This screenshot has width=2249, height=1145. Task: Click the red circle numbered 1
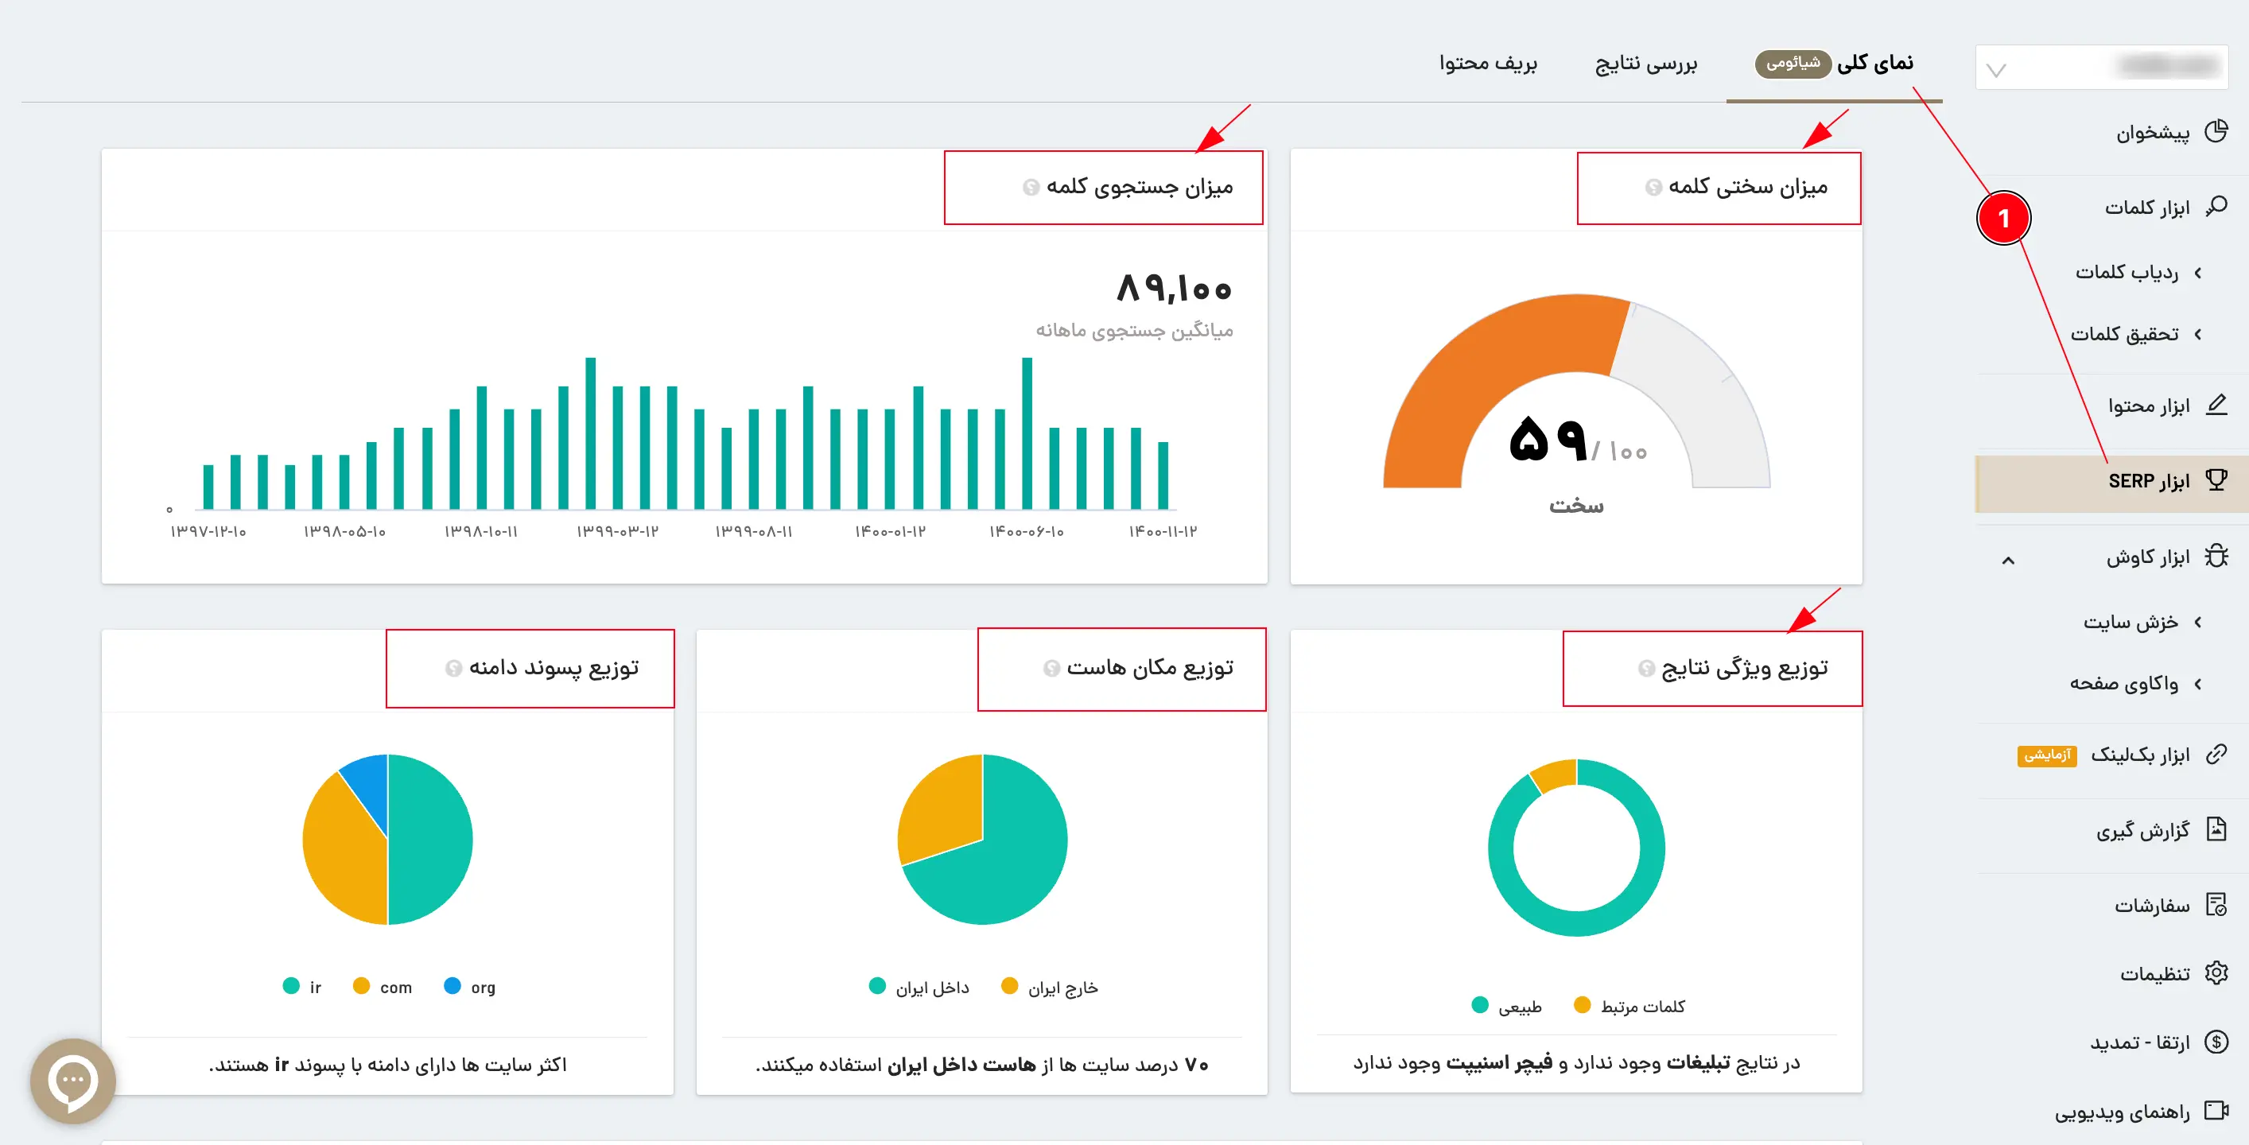(2004, 218)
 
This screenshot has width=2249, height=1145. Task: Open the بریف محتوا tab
(1488, 63)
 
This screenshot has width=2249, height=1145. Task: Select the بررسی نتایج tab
(1645, 64)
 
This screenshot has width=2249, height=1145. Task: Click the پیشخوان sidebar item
(2152, 133)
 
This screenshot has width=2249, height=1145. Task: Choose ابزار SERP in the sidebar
(2149, 481)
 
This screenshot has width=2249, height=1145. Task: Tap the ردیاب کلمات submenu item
(2127, 272)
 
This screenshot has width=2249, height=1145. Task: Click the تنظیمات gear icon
(2216, 972)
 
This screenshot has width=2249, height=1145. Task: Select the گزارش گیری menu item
(2142, 830)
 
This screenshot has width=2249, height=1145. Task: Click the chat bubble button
(72, 1081)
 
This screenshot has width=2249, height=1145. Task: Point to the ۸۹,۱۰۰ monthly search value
(1175, 288)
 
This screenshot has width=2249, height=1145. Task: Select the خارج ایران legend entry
(1050, 987)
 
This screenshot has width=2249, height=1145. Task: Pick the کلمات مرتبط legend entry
(1629, 1006)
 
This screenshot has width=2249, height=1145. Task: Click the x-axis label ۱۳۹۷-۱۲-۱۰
(208, 531)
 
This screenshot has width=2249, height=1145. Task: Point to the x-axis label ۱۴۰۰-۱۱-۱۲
(1163, 531)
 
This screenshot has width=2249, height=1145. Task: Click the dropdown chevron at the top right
(1996, 70)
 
